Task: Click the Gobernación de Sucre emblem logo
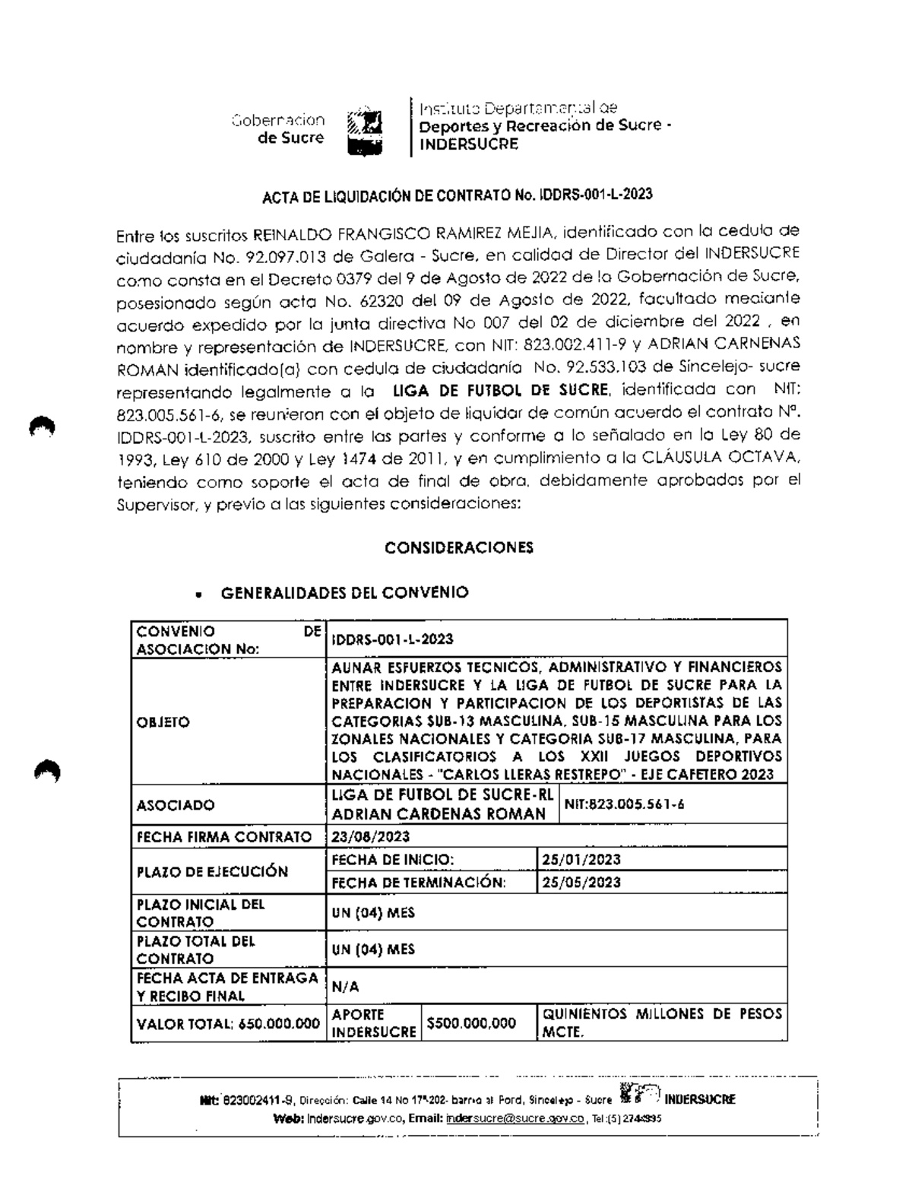(x=364, y=131)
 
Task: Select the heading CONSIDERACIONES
(x=458, y=547)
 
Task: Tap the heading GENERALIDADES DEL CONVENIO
(x=344, y=593)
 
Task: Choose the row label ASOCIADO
(x=175, y=805)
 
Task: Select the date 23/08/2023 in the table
(x=371, y=837)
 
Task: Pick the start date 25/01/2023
(x=581, y=860)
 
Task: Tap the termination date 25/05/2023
(x=581, y=883)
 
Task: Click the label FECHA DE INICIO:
(x=393, y=860)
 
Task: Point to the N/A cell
(x=346, y=987)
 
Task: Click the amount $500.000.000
(x=471, y=1023)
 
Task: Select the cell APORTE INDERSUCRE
(x=373, y=1023)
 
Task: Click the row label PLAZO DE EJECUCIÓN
(x=212, y=871)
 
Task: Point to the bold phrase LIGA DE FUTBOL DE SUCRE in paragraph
(x=500, y=391)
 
